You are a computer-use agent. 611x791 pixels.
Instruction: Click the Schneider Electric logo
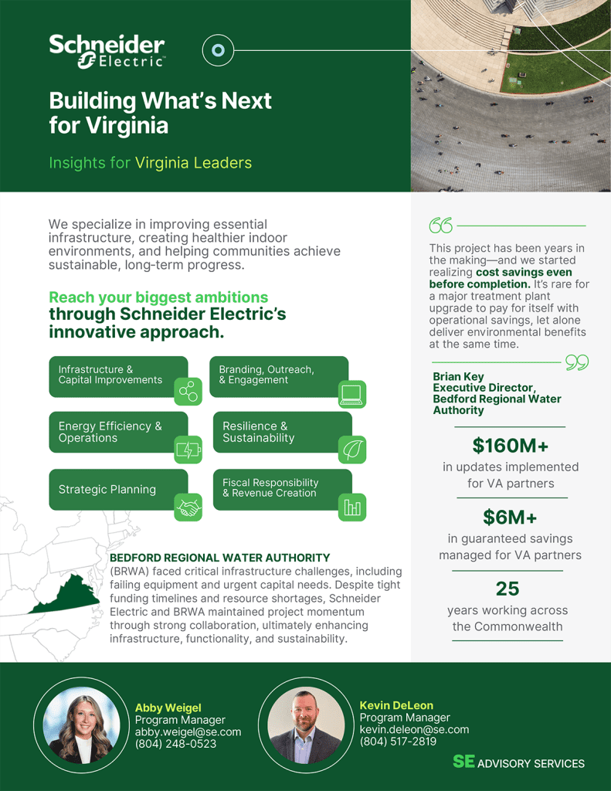(x=107, y=52)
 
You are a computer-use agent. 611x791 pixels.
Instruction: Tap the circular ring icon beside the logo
(x=218, y=51)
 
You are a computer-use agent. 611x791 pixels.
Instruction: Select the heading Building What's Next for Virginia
(x=161, y=112)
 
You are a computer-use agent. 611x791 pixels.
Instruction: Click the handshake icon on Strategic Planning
(x=188, y=507)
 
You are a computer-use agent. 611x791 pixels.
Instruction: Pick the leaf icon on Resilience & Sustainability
(x=352, y=449)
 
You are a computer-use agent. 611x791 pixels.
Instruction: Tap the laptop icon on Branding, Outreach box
(x=351, y=394)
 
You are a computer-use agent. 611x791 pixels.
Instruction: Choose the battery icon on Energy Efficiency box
(x=188, y=449)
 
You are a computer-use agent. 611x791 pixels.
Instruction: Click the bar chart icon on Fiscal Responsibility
(x=352, y=508)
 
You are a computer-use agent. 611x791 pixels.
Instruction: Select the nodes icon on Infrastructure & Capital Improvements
(x=188, y=392)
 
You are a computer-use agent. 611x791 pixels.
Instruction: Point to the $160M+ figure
(x=510, y=446)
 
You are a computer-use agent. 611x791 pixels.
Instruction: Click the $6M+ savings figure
(x=510, y=516)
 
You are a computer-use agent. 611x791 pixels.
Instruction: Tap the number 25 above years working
(x=507, y=589)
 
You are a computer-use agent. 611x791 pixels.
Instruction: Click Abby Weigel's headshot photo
(x=80, y=725)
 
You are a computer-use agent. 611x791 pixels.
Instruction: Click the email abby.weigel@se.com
(x=188, y=732)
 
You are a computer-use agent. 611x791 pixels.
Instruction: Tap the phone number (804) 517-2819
(x=398, y=742)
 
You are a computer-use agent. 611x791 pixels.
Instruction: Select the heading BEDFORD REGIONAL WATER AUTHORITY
(x=219, y=557)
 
